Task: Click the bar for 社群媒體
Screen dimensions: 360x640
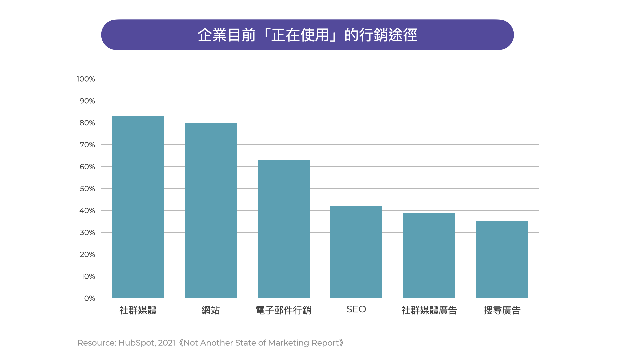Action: [x=138, y=207]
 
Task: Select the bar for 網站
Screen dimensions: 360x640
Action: [x=211, y=210]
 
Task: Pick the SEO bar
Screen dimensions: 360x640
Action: [x=356, y=252]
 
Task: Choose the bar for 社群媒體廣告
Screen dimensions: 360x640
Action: [x=429, y=255]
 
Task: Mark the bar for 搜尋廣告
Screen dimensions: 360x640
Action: [x=502, y=260]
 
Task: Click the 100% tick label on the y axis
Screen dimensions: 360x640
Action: [x=86, y=79]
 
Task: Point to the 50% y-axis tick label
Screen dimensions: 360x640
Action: [x=87, y=189]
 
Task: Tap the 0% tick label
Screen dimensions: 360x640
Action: [x=89, y=298]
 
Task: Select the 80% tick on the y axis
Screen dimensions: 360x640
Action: [x=87, y=123]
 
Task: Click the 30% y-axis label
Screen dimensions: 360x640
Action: [x=87, y=233]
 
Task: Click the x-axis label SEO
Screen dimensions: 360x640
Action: [x=356, y=309]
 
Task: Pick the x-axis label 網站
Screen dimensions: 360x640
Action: [x=211, y=310]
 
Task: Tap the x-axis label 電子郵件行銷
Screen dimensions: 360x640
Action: [x=283, y=310]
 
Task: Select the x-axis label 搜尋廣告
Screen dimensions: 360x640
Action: [x=502, y=310]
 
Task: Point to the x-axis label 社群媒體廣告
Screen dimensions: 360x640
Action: [x=429, y=310]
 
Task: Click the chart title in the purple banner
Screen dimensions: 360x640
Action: [x=307, y=35]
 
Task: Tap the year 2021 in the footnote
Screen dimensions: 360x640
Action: [x=166, y=343]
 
